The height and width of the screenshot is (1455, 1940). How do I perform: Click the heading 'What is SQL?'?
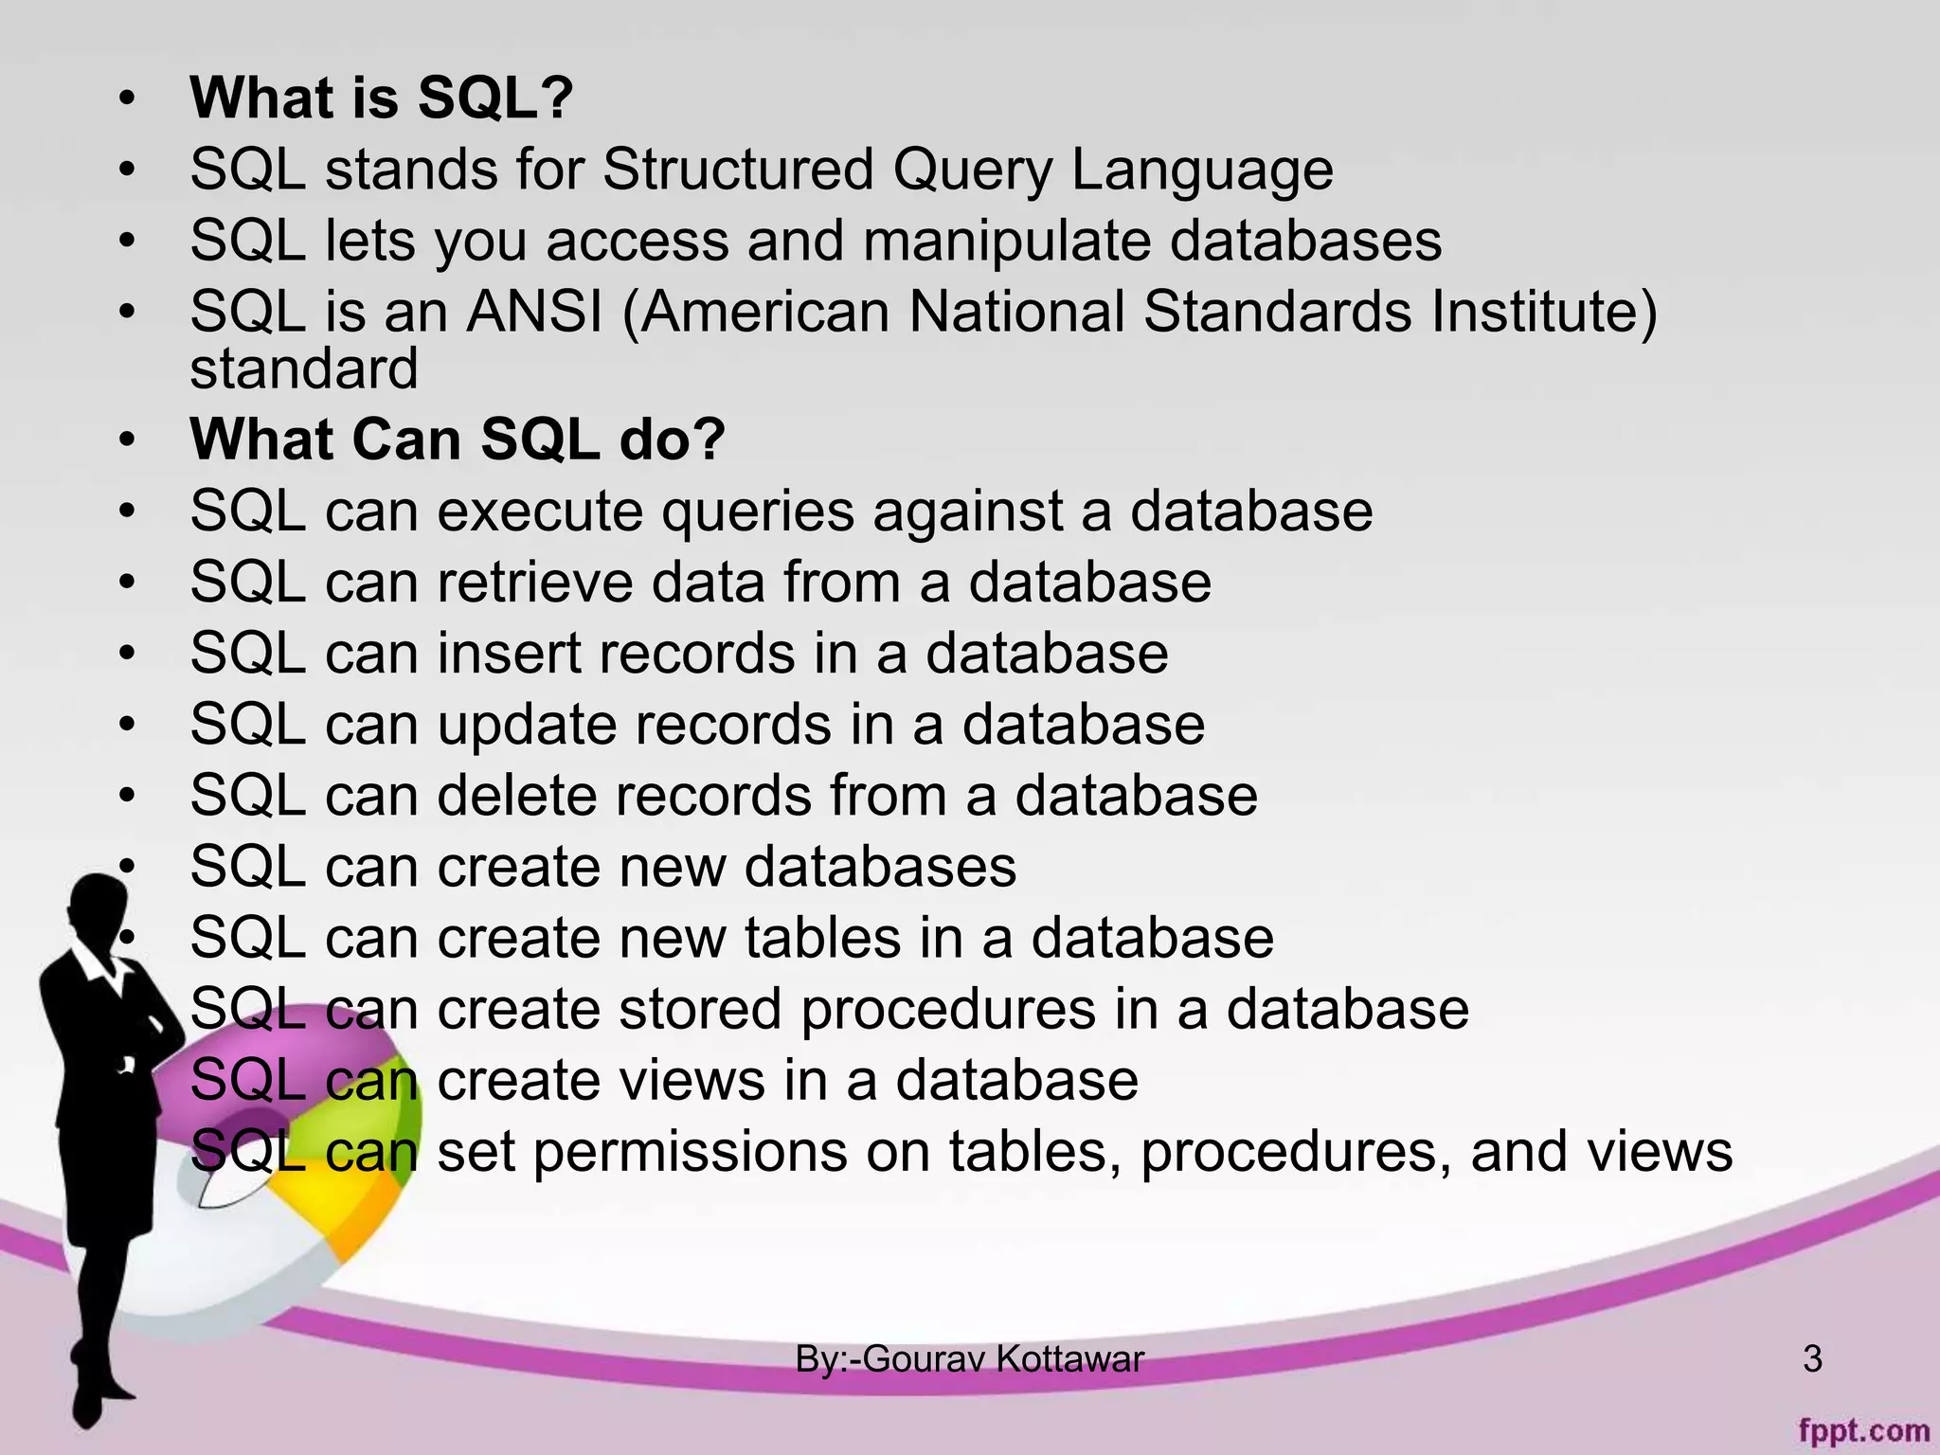[381, 98]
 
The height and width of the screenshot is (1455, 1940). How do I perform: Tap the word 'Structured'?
[737, 171]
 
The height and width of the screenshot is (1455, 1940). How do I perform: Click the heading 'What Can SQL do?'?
[457, 440]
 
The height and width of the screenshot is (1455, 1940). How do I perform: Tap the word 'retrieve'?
[534, 582]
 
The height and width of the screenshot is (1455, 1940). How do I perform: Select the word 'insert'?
[509, 654]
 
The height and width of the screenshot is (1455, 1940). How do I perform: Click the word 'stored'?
[700, 1009]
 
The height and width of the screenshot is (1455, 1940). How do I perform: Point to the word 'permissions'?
[691, 1152]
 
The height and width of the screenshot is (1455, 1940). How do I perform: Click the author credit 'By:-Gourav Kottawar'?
[969, 1359]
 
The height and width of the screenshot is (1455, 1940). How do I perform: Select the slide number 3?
[1812, 1359]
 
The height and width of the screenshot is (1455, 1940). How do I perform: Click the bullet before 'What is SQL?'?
[127, 99]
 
